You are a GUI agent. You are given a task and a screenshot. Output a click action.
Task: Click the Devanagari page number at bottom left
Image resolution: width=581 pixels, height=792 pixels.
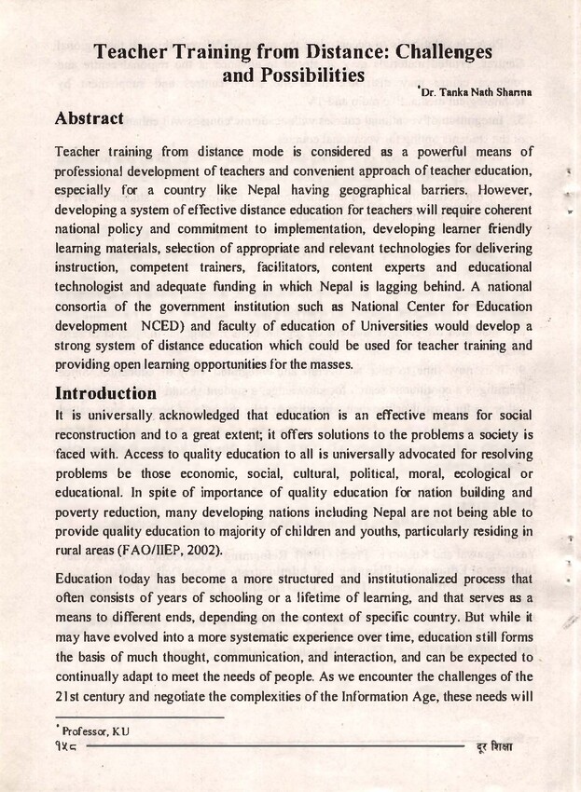point(67,748)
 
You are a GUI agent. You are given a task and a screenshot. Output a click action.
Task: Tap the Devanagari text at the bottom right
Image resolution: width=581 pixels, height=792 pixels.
point(494,748)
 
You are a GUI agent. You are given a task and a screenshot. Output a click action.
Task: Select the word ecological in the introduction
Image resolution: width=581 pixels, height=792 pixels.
point(468,472)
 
